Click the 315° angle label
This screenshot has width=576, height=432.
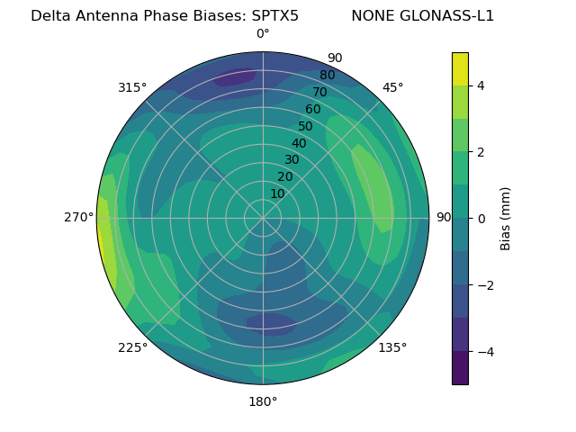(131, 87)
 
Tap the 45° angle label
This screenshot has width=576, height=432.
(392, 87)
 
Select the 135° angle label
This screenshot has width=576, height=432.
(392, 347)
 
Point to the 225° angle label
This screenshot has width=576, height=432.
(132, 347)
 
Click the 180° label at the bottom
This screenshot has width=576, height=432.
(263, 401)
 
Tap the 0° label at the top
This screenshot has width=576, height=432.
(263, 34)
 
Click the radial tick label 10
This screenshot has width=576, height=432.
(277, 193)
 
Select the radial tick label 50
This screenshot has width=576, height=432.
(306, 126)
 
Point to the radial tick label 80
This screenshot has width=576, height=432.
(327, 75)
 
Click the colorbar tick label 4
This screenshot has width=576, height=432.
(481, 85)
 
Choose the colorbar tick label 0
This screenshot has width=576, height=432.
(481, 219)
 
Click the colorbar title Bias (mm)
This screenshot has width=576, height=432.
(506, 219)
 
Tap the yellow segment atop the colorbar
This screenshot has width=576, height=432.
(460, 68)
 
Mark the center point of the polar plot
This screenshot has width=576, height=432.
(263, 218)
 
